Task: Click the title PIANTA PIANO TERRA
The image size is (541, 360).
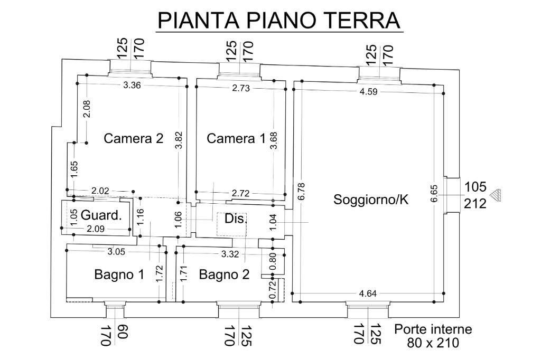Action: [280, 20]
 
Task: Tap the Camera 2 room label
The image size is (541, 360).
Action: [134, 138]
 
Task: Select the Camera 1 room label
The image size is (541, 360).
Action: [236, 138]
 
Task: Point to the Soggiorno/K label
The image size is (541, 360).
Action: [371, 200]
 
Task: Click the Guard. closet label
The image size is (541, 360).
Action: [101, 215]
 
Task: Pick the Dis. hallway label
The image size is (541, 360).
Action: [236, 219]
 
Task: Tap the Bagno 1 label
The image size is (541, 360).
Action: [119, 274]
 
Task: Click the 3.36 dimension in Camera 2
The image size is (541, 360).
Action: [132, 86]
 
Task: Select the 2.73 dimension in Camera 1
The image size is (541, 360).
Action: [241, 88]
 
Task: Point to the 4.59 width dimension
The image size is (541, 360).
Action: [369, 92]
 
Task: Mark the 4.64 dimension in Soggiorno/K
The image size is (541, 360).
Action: [368, 293]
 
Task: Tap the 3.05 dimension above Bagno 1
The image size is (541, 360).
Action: [116, 252]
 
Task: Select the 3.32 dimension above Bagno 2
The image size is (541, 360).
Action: [230, 254]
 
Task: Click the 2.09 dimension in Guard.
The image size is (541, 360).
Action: [95, 229]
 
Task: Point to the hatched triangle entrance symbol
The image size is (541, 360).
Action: [495, 195]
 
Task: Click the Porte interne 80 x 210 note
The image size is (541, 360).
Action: [433, 336]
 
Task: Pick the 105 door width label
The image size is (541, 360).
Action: [475, 186]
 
